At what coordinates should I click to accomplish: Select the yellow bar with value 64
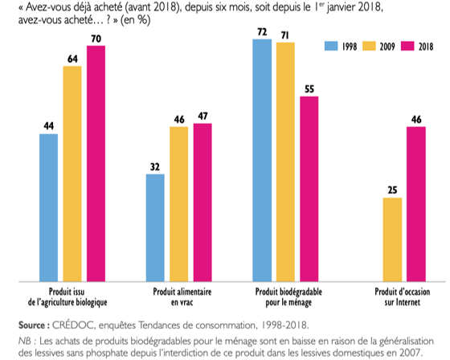click(x=72, y=174)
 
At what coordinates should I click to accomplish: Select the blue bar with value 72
click(x=262, y=160)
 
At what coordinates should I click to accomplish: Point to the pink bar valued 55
click(x=309, y=189)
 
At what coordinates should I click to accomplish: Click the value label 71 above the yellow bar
click(x=286, y=35)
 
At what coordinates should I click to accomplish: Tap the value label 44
click(x=48, y=126)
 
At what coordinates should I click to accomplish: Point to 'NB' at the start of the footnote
click(x=24, y=339)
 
